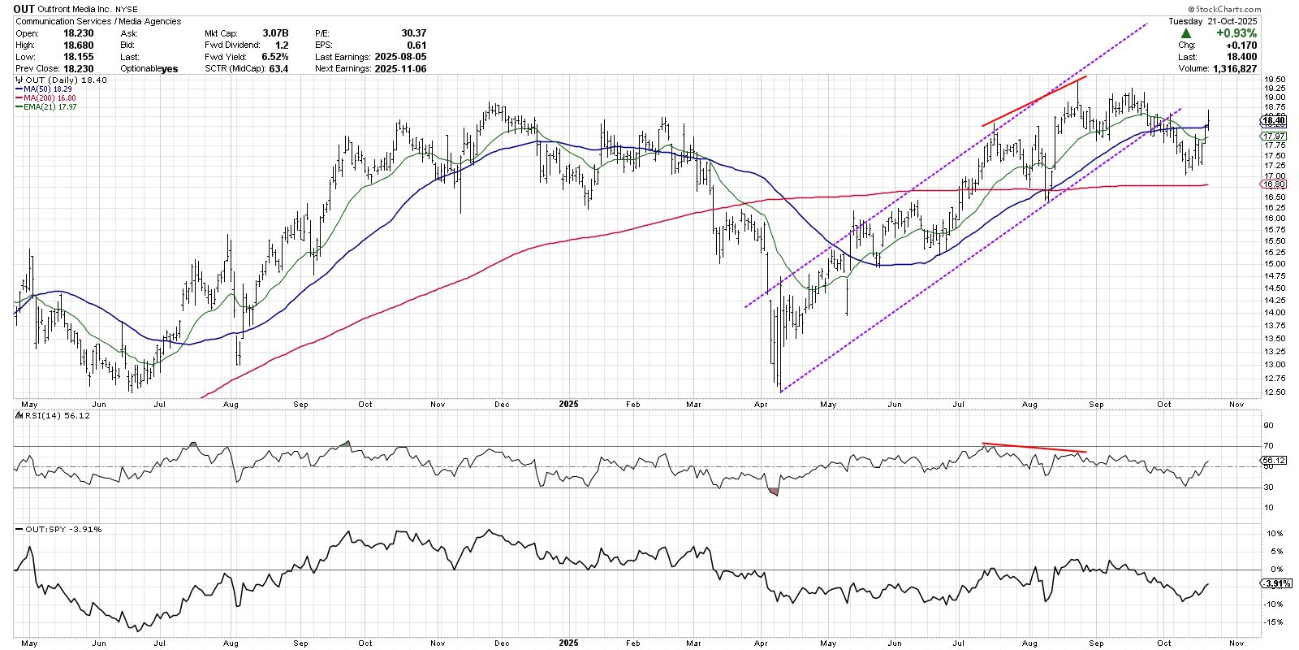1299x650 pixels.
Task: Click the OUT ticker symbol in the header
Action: click(24, 9)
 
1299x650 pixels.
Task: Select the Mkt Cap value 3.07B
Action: click(275, 33)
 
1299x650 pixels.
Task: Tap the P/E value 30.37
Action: click(413, 33)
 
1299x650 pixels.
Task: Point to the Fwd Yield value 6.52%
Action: click(274, 57)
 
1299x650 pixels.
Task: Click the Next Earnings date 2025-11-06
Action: click(400, 69)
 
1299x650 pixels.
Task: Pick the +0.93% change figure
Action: click(1236, 33)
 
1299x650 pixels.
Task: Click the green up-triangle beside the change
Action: click(1186, 33)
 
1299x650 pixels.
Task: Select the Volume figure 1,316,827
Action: click(1228, 69)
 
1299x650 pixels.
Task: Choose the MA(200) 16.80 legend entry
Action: click(50, 98)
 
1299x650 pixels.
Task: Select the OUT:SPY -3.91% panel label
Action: click(63, 529)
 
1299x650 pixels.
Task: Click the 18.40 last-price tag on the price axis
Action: click(1274, 120)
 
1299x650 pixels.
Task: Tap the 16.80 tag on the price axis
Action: click(1274, 184)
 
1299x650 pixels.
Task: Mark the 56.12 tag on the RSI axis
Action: click(1274, 461)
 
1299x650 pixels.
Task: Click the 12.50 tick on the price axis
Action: click(1274, 392)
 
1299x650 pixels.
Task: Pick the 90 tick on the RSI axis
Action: click(1268, 426)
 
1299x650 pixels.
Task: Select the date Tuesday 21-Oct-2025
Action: click(1212, 21)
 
